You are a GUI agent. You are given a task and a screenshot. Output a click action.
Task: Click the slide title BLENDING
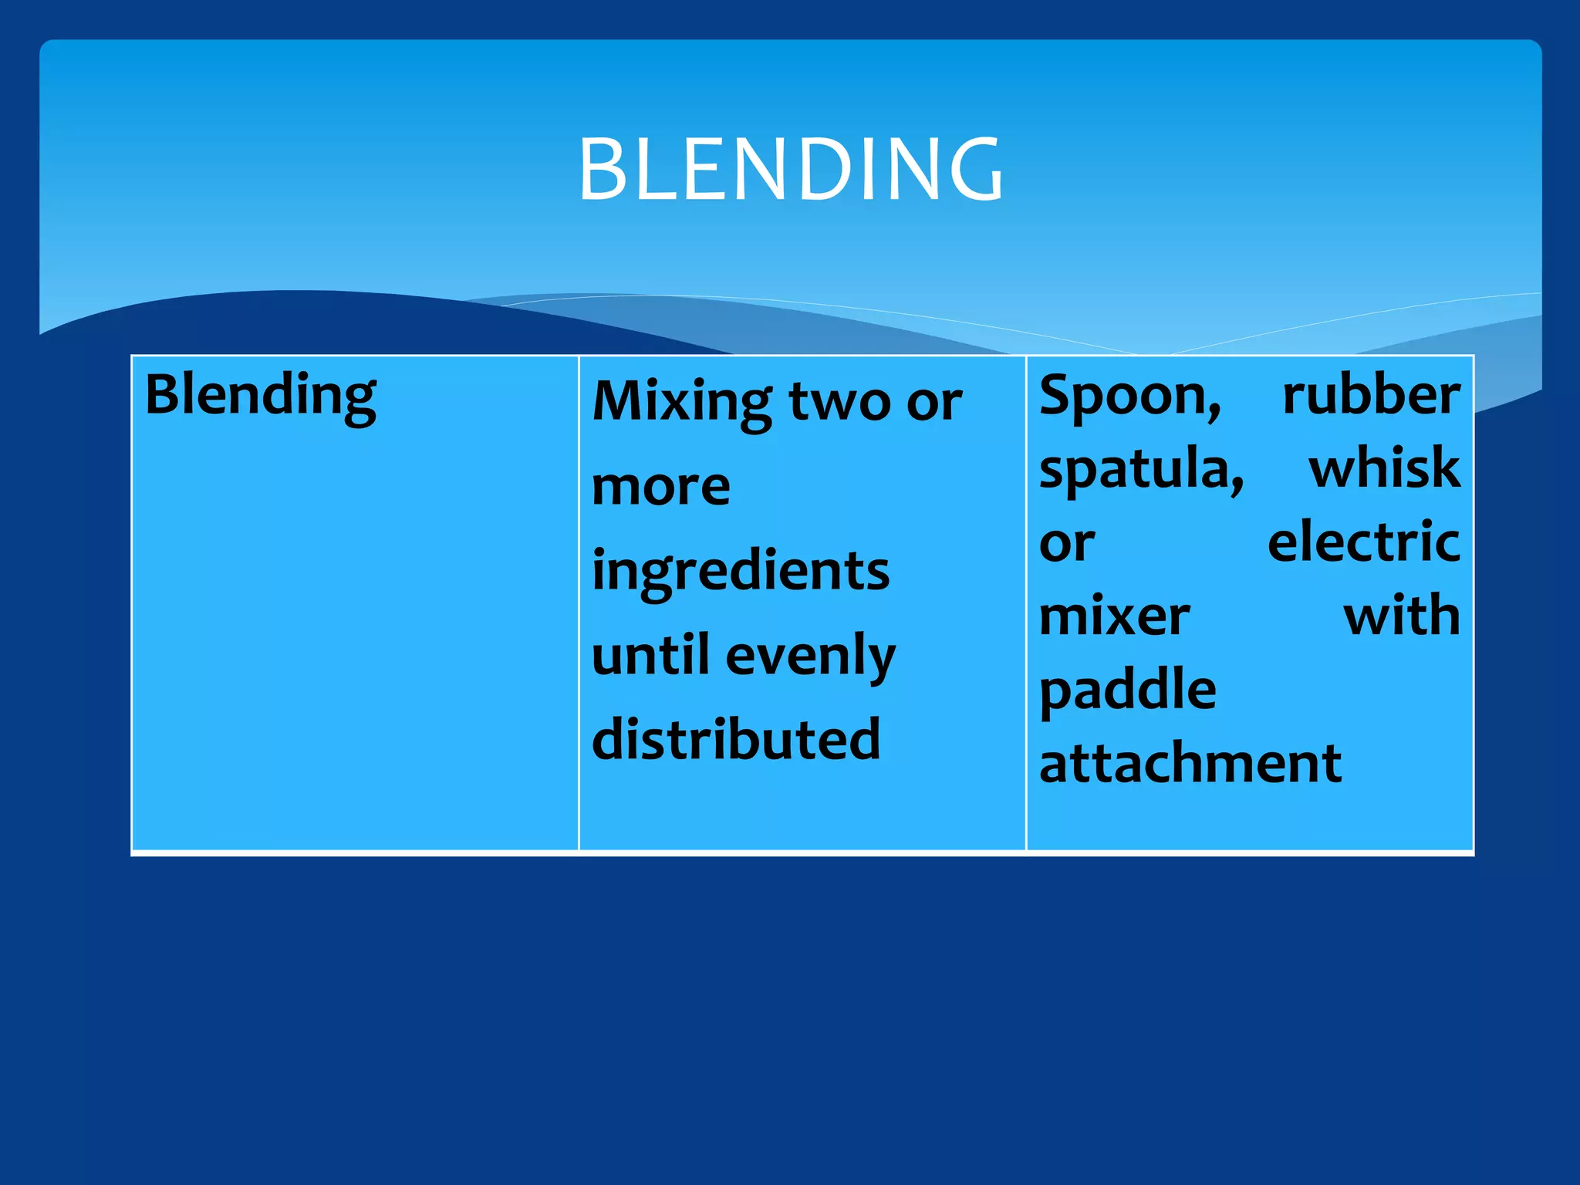coord(790,170)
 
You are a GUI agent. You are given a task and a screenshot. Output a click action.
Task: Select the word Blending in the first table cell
coord(261,395)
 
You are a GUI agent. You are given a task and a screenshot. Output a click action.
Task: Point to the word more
coord(660,487)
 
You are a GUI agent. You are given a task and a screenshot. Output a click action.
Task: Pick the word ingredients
coord(741,572)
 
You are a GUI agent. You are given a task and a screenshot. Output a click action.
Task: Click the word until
coord(650,655)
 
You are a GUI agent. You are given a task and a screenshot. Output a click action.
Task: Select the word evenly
coord(810,657)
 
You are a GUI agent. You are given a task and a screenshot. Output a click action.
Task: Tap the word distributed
coord(736,739)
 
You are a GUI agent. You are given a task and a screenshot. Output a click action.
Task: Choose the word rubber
coord(1371,395)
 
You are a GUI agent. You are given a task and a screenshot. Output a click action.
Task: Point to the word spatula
coord(1140,468)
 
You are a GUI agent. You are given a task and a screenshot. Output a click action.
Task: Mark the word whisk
coord(1384,468)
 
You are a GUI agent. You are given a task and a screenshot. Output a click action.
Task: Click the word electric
coord(1364,541)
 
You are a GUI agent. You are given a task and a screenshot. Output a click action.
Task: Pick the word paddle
coord(1128,690)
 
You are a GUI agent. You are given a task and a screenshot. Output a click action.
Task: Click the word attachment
coord(1190,763)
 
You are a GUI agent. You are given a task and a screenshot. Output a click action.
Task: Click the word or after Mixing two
coord(934,403)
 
